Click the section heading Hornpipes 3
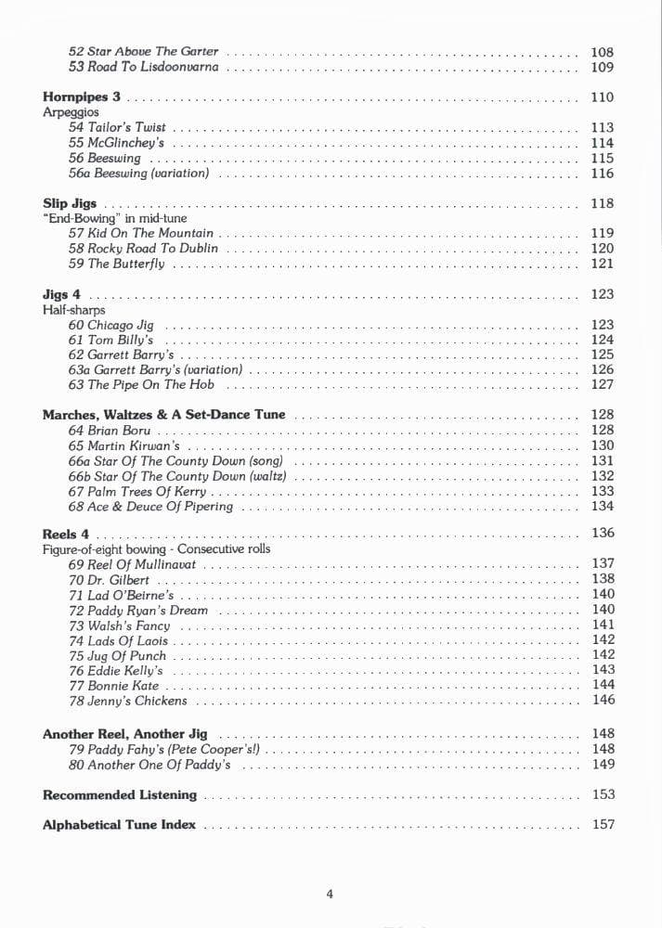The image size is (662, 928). [82, 97]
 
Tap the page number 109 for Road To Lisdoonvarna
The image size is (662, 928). [602, 68]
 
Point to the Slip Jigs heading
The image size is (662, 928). [70, 203]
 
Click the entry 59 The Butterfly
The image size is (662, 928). [117, 264]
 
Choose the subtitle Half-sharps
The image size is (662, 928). [74, 310]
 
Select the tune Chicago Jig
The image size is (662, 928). [111, 326]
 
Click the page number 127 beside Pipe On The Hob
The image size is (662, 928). [602, 384]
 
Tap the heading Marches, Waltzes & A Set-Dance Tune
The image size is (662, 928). [164, 415]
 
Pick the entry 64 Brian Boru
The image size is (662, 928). [110, 431]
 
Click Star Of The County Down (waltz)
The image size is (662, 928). [177, 476]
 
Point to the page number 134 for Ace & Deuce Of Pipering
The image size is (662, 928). [602, 507]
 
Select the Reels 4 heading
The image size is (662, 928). [66, 534]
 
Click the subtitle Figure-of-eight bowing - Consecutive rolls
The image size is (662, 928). [157, 548]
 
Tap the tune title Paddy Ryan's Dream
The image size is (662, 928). [138, 611]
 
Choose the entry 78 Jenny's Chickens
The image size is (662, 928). [128, 702]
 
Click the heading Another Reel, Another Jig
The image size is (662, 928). [125, 734]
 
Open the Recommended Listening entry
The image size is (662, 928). [120, 794]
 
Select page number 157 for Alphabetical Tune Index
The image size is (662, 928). [603, 824]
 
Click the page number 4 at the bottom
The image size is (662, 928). [330, 895]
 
